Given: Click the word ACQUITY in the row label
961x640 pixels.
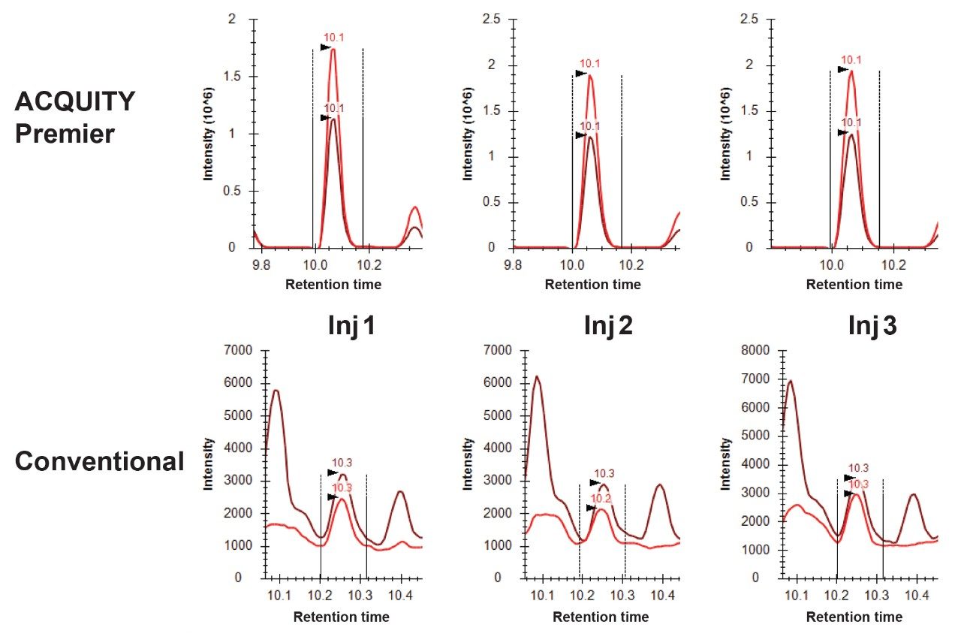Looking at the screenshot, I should click(74, 101).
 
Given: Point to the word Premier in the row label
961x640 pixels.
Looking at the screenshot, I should click(64, 134).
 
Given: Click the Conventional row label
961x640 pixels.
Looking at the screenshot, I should click(99, 461).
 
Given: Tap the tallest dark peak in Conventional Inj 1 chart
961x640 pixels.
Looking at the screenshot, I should click(276, 391).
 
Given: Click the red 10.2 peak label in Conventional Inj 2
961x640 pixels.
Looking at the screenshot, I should click(601, 498).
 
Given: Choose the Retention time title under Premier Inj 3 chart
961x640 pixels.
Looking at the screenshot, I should click(854, 285).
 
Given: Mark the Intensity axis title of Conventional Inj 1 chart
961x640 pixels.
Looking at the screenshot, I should click(209, 464).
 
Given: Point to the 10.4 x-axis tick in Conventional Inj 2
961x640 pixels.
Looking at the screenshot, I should click(661, 596).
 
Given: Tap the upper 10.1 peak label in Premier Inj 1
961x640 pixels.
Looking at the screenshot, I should click(333, 38).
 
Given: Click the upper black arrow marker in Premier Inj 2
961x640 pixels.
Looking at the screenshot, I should click(581, 74).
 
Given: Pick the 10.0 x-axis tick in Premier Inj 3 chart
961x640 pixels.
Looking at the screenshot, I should click(830, 264).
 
